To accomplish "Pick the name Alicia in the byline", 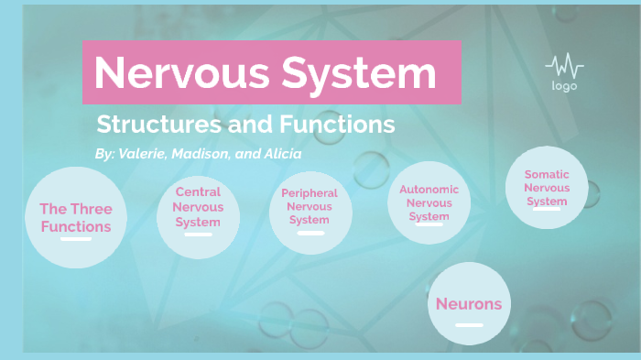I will pos(281,154).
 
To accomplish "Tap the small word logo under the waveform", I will pos(563,86).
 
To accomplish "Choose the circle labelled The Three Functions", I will pos(75,217).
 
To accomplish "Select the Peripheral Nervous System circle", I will pos(309,215).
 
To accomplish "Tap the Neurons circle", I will pos(469,304).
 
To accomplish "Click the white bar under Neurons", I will pos(469,325).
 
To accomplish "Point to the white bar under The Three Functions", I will pos(76,239).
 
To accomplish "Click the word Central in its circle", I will pos(198,192).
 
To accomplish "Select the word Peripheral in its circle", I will pos(310,193).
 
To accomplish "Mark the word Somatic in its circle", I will pos(547,174).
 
